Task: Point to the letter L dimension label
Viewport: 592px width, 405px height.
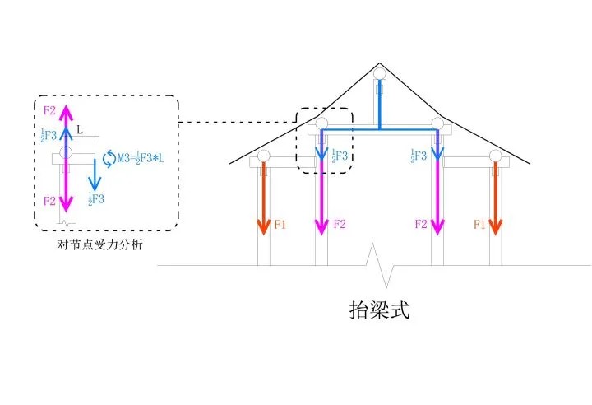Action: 80,130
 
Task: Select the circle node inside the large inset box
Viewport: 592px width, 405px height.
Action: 66,153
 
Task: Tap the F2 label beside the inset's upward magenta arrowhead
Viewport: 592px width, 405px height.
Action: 49,109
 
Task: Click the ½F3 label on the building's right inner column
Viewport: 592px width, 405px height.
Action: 419,155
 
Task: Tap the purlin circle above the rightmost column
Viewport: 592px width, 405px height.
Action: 495,155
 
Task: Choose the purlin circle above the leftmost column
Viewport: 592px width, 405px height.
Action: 263,155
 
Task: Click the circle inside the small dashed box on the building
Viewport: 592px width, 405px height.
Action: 321,123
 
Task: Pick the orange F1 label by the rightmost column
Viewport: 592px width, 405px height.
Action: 479,224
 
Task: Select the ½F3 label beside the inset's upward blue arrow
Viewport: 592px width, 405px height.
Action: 49,136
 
